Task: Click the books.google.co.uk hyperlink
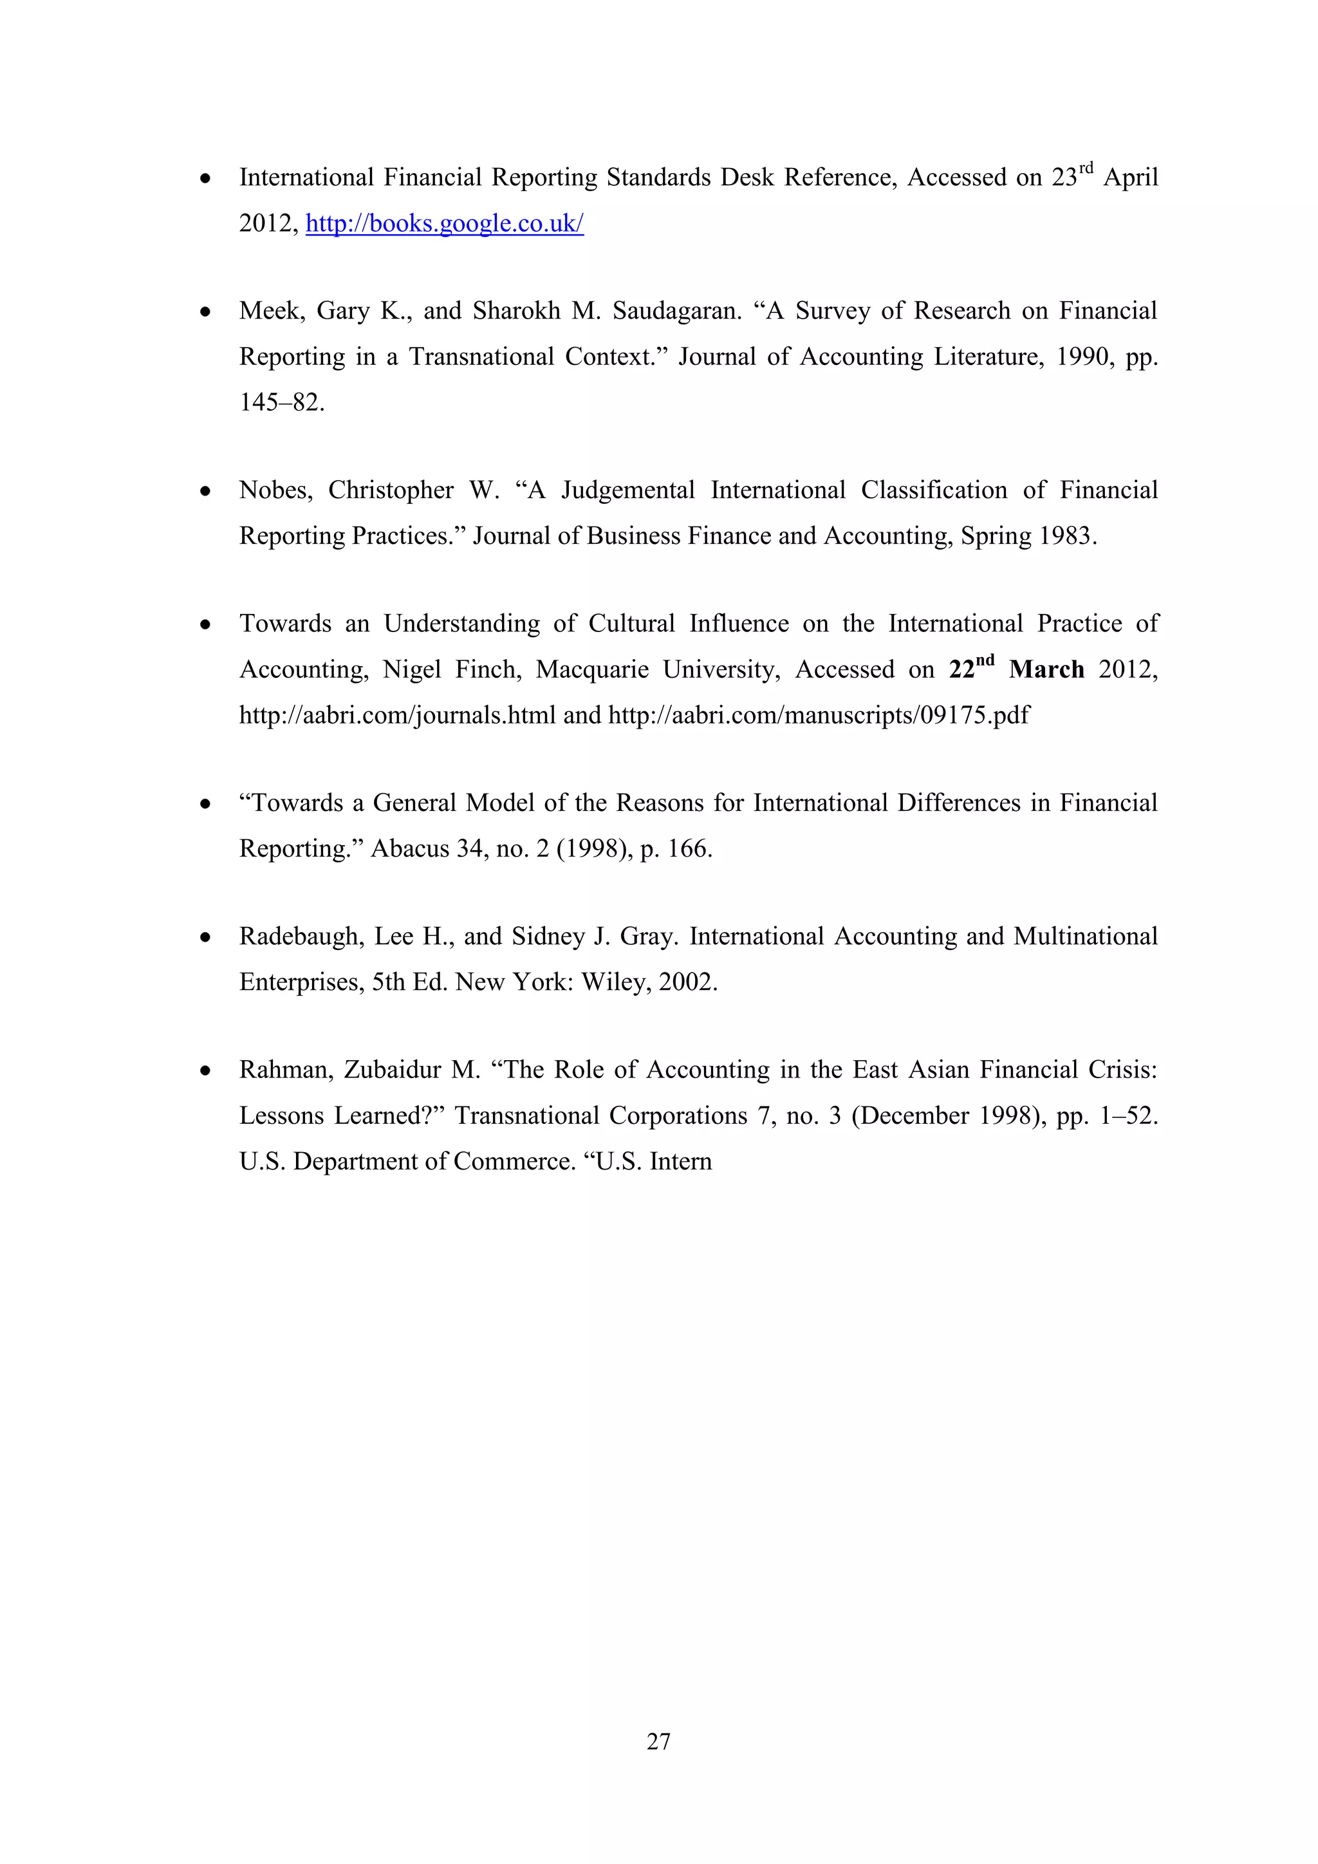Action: point(445,223)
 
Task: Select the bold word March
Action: point(1046,670)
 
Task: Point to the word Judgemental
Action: point(627,490)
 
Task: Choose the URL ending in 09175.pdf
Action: point(818,715)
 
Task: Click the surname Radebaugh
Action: point(301,937)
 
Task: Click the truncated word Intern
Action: point(682,1162)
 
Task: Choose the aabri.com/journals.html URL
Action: point(397,715)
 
